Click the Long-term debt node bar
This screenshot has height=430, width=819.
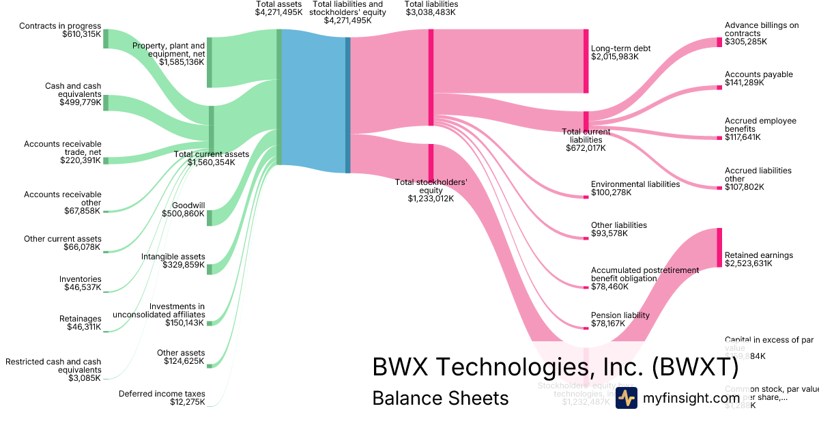[x=586, y=61]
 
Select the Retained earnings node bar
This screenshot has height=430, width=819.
[x=719, y=248]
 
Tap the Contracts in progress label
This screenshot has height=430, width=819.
[x=60, y=26]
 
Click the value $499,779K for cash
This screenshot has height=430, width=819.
[x=81, y=104]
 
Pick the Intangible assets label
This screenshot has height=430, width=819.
[x=173, y=257]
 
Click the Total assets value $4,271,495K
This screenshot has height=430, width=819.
[x=278, y=12]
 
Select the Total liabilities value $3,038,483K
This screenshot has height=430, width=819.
[x=431, y=12]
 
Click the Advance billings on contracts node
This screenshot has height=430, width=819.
[x=719, y=42]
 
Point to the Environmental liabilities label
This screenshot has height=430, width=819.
[x=635, y=184]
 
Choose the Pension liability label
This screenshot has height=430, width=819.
[x=620, y=315]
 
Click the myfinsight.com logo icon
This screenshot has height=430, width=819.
[x=626, y=397]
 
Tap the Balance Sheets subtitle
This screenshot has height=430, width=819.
[x=440, y=398]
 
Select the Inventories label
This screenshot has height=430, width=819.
[x=80, y=279]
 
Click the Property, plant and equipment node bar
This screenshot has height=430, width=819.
[x=210, y=62]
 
